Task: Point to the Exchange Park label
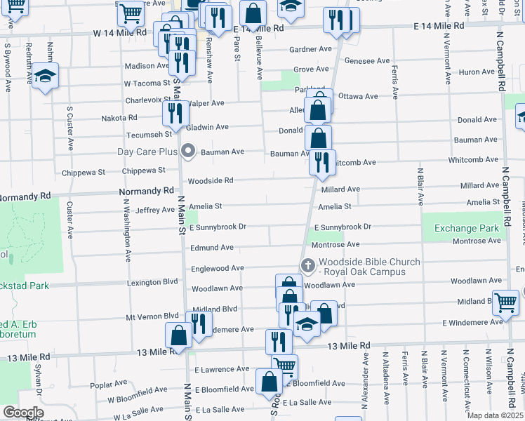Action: tap(466, 228)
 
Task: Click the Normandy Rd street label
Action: tap(147, 190)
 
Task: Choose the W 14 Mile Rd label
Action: tap(120, 32)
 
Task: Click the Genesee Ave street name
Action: tap(368, 61)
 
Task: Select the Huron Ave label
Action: tap(477, 72)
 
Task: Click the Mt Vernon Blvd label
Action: tap(152, 316)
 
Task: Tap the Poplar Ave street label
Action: tap(107, 385)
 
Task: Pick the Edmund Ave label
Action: tap(212, 248)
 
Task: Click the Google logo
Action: tap(23, 413)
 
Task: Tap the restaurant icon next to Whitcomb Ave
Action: tap(322, 163)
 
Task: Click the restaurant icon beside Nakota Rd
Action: tap(175, 113)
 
